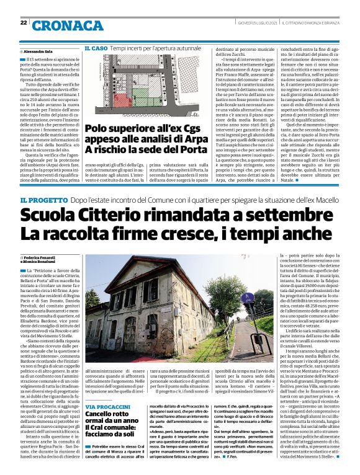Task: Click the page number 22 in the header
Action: [23, 24]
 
